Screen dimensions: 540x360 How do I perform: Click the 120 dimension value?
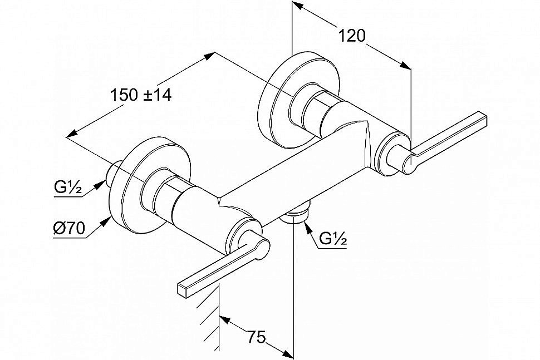click(352, 36)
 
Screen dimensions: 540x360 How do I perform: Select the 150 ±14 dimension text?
click(141, 95)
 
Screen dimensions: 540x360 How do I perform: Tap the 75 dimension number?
click(257, 337)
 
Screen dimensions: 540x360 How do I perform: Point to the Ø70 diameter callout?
click(69, 228)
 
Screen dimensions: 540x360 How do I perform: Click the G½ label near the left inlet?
click(68, 188)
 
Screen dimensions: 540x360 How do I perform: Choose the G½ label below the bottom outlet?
click(333, 238)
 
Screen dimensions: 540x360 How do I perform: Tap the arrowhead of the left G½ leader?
click(100, 185)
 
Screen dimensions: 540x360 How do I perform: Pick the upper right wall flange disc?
click(298, 100)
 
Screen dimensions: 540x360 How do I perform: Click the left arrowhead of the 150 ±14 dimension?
click(72, 134)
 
